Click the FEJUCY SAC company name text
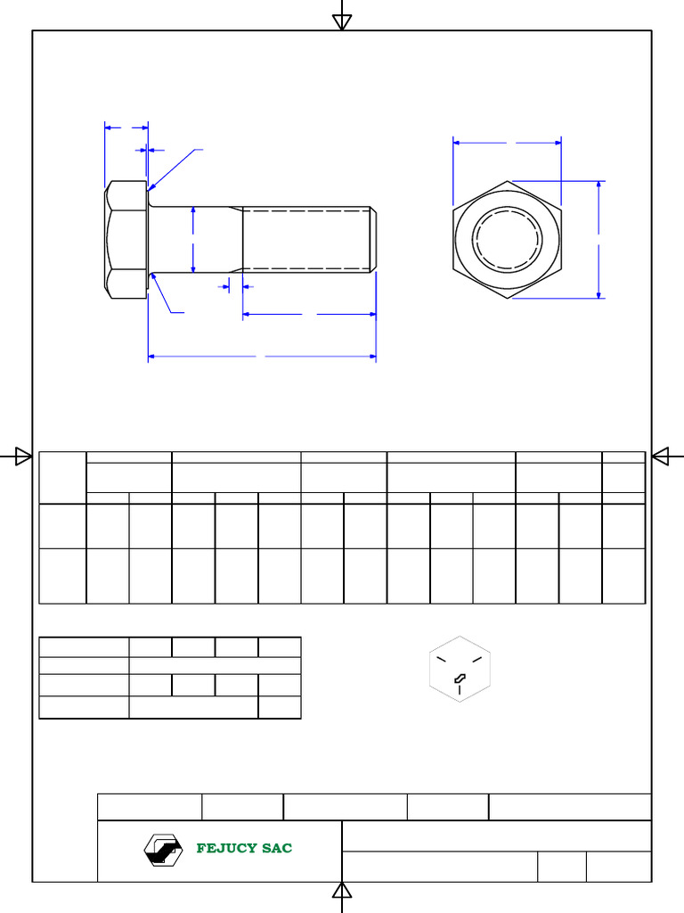[244, 848]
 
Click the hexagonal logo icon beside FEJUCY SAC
[163, 850]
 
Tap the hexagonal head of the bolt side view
[126, 239]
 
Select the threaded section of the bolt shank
[305, 239]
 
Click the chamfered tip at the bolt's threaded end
[373, 239]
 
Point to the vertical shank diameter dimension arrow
[193, 239]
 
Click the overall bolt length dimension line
[261, 357]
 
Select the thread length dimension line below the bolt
[308, 314]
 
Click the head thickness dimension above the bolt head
[126, 127]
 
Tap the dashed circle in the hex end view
[508, 239]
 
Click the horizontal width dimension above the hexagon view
[507, 142]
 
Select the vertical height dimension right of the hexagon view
[599, 239]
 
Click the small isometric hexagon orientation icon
[460, 670]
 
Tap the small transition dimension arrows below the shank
[236, 286]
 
